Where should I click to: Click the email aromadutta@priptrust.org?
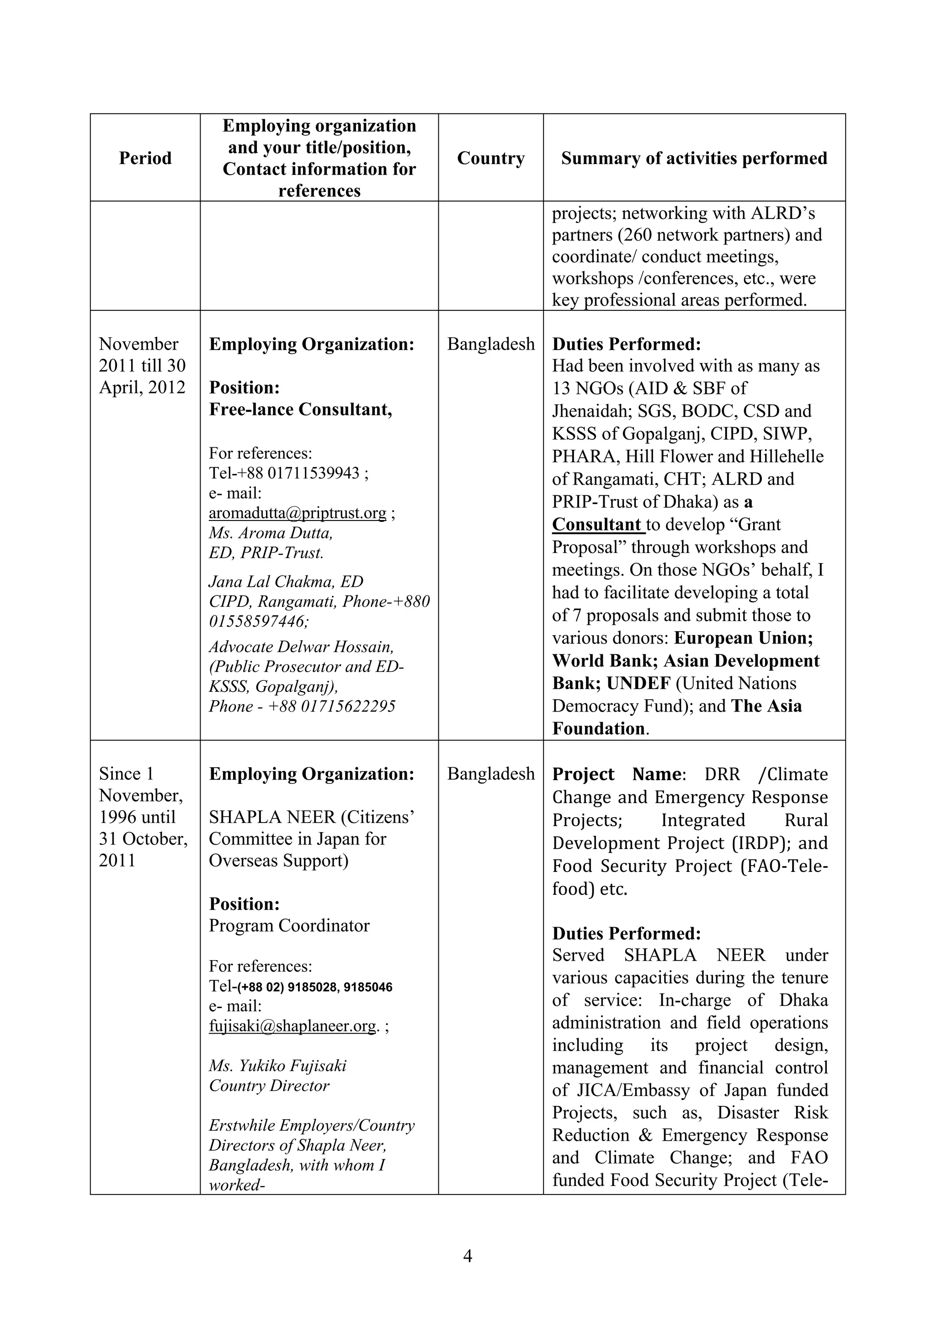coord(298,513)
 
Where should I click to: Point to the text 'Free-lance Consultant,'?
coord(300,409)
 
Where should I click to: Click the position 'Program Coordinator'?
coord(289,925)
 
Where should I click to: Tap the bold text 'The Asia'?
coord(766,706)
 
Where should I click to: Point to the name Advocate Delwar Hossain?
coord(301,647)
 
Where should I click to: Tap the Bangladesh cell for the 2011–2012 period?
coord(490,344)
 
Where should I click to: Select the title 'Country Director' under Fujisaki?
coord(269,1086)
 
